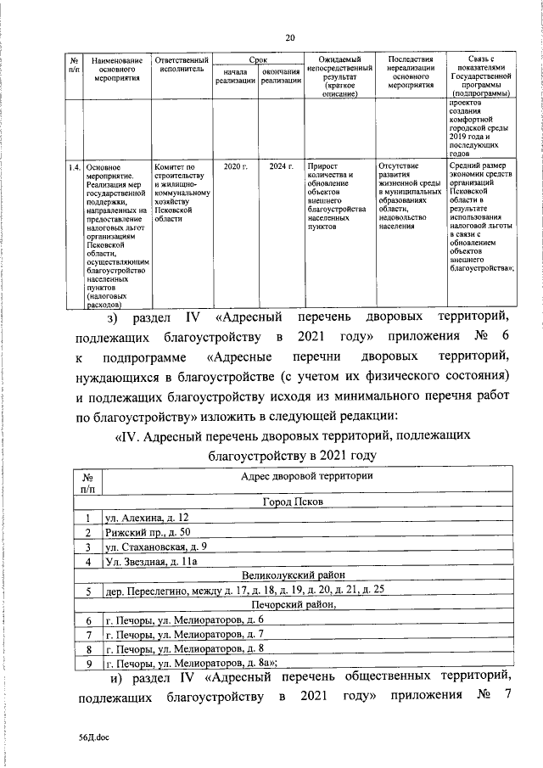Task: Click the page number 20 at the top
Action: coord(290,37)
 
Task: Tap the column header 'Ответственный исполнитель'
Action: coord(181,67)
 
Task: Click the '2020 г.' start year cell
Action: coord(235,167)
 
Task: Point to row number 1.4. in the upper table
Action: coord(74,167)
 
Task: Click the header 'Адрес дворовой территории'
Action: coord(306,478)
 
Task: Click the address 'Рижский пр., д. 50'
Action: coord(146,532)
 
